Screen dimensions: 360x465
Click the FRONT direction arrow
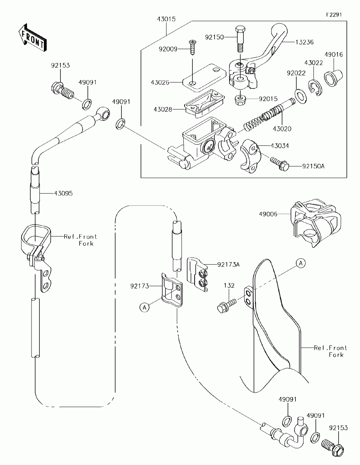click(x=33, y=38)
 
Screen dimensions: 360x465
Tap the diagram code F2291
click(x=334, y=15)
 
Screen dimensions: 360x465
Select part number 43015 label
click(x=166, y=19)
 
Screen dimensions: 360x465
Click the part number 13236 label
click(x=304, y=42)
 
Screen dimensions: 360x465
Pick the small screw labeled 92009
click(x=192, y=48)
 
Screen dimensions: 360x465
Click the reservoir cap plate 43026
click(x=204, y=78)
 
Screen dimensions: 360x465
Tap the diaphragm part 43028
click(x=204, y=103)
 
